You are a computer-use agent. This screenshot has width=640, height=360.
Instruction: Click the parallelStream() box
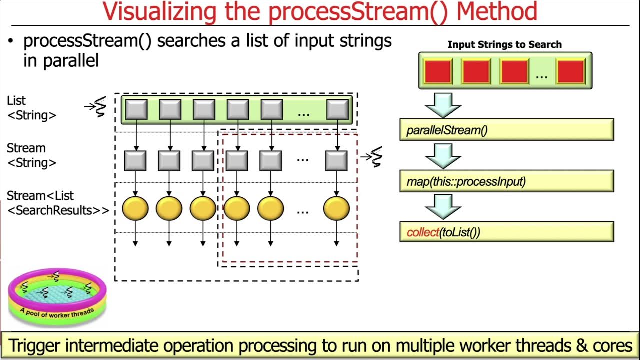pos(506,130)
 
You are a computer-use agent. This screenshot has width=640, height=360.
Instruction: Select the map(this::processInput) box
pos(506,181)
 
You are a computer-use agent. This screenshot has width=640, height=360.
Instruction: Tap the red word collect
pos(422,232)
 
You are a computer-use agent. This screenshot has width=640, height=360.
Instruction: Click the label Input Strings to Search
pos(504,44)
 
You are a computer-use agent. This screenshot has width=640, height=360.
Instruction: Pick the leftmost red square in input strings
pos(438,71)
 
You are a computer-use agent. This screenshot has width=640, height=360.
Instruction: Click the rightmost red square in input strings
pos(570,71)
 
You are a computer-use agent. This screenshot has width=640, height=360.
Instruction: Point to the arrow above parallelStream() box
pos(442,103)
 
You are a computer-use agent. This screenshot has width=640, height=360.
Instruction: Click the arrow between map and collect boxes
pos(442,206)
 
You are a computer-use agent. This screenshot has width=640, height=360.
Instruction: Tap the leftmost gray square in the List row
pos(136,109)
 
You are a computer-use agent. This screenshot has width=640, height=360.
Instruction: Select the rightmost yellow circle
pos(336,208)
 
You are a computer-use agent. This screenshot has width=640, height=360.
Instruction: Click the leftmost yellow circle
pos(135,208)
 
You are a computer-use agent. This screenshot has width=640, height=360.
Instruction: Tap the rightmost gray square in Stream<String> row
pos(336,160)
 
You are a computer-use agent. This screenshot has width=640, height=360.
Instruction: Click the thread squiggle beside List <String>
pos(99,106)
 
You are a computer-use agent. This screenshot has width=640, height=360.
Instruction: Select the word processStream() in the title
pos(356,12)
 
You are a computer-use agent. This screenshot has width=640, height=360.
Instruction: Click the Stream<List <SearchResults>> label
pos(57,203)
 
